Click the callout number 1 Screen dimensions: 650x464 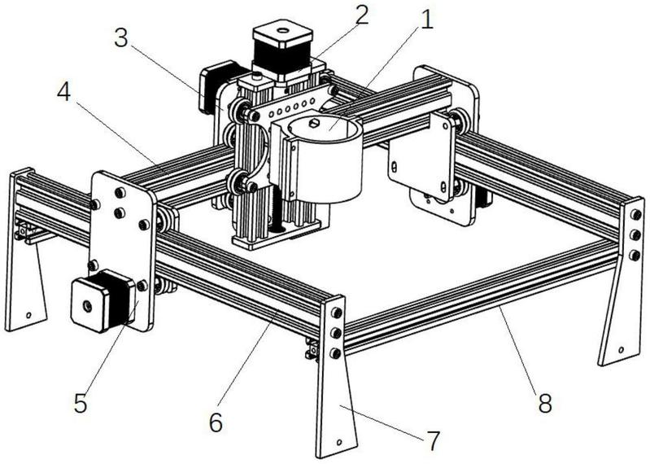point(426,20)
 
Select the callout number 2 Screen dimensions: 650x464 point(360,15)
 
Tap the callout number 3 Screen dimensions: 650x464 point(120,38)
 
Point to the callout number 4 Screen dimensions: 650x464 point(63,92)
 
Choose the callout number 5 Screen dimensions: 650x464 point(81,402)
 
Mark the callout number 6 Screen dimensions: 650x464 point(216,422)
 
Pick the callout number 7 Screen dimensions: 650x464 point(433,440)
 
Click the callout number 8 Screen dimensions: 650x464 point(545,402)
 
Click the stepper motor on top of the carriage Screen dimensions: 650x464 point(282,52)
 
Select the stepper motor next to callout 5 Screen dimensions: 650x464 point(103,300)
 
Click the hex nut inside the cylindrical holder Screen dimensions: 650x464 point(314,122)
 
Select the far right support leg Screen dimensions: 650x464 point(622,282)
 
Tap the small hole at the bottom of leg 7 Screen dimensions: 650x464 point(339,443)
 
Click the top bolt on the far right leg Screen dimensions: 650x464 point(635,214)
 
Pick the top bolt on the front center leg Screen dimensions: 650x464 point(336,313)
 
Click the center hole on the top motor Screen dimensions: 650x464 point(283,30)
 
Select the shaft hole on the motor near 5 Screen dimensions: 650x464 point(87,306)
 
